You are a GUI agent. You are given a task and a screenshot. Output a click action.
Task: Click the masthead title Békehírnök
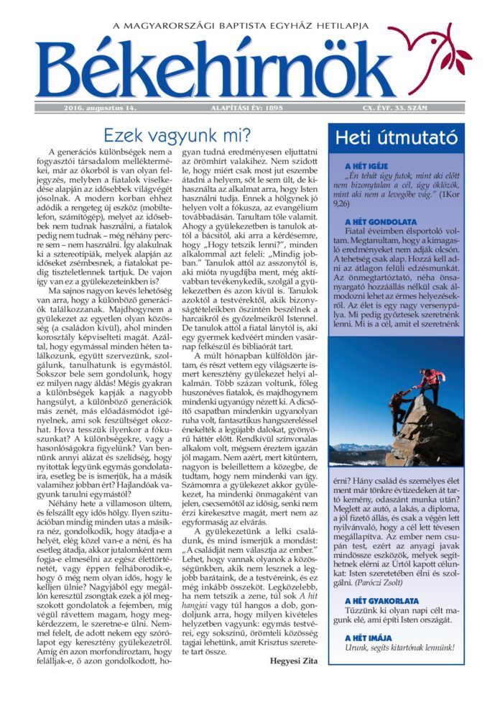pos(216,68)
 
